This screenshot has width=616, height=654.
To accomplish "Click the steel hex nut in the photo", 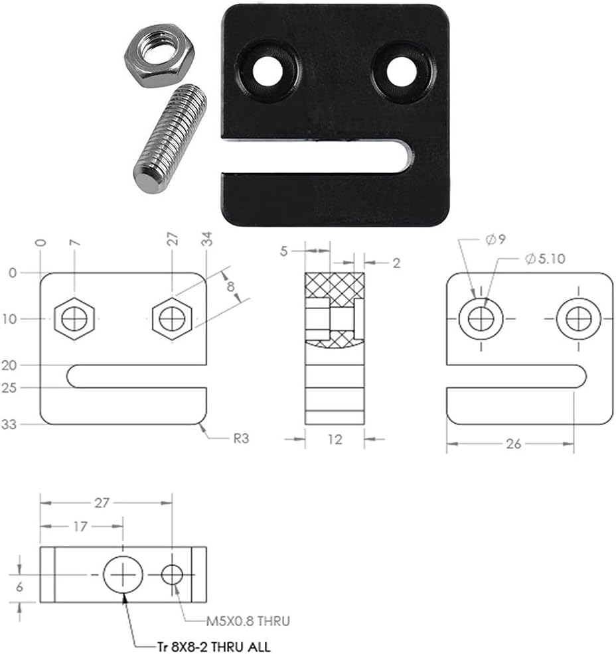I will click(159, 58).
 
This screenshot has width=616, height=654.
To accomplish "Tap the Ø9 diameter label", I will click(495, 239).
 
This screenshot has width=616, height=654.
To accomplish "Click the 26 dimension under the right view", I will click(514, 444).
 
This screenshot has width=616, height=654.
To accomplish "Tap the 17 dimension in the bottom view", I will click(81, 526).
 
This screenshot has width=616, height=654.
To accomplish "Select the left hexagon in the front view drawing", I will click(74, 319).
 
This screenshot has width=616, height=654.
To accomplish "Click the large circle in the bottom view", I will click(123, 573).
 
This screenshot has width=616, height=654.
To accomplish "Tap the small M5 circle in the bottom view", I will click(173, 574).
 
